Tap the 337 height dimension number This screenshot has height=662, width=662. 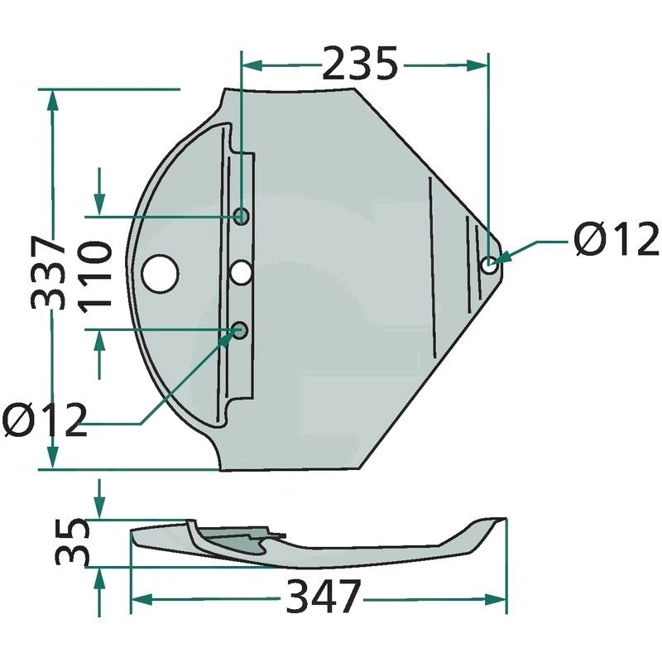(x=48, y=273)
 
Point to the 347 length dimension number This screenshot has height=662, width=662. (x=324, y=597)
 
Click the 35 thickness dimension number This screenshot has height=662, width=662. (x=72, y=543)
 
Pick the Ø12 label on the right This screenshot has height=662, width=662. (x=616, y=239)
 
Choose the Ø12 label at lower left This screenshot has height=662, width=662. (x=45, y=420)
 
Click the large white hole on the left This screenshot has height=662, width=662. (x=161, y=274)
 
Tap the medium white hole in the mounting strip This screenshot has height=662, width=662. (x=241, y=272)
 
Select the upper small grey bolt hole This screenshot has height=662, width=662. (x=242, y=216)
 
